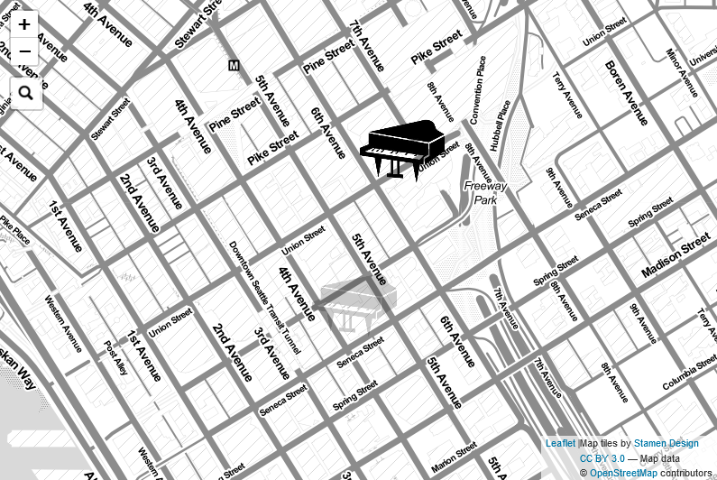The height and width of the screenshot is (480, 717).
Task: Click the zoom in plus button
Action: point(24,24)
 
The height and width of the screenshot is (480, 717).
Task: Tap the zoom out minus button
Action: point(24,51)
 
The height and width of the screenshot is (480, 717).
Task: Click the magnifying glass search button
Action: point(25,92)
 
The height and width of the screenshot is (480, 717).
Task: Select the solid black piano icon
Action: point(402,149)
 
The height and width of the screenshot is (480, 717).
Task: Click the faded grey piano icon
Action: point(357,301)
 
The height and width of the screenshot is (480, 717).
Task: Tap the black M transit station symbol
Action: point(234,65)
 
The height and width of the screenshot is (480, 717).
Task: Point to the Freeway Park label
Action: point(485,193)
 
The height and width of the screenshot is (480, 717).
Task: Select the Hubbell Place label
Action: point(501,125)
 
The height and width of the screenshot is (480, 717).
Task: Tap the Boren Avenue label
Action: point(626,93)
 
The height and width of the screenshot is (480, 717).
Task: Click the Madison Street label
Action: point(676,259)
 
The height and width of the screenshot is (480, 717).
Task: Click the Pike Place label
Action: point(14,229)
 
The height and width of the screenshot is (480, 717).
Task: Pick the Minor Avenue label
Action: point(682,72)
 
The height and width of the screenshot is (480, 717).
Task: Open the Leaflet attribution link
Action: point(560,443)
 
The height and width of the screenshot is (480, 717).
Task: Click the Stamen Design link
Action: point(666,443)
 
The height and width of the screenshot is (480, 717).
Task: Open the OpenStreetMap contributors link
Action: point(623,473)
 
